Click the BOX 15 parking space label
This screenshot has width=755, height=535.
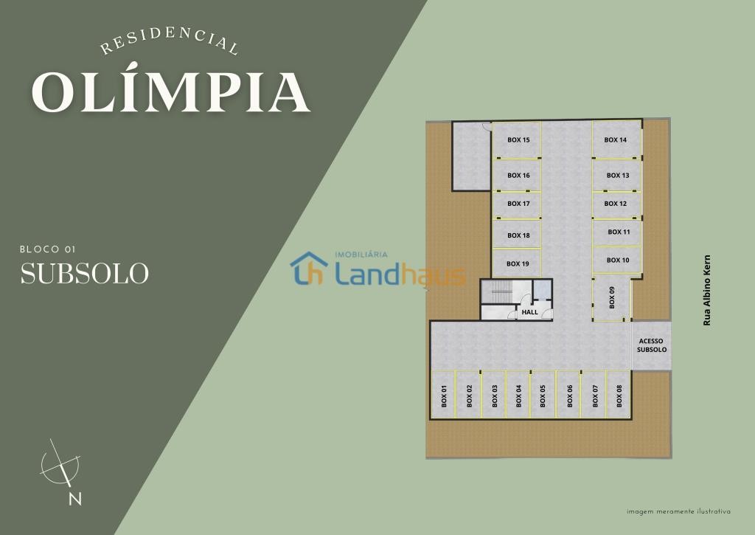518,139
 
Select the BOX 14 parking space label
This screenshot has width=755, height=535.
616,139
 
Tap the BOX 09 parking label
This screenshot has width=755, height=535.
612,297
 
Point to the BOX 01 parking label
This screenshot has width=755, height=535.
444,396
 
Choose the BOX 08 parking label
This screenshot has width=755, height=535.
619,396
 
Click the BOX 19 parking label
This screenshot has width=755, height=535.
518,263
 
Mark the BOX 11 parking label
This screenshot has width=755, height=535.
619,232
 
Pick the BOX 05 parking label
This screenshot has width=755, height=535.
543,396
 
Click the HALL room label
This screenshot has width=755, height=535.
529,312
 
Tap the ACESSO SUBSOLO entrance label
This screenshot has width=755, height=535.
652,345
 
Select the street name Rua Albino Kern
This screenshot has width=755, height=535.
707,290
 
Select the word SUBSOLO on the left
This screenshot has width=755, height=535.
84,273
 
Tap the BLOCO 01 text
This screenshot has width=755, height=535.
48,249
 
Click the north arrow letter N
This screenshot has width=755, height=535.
74,498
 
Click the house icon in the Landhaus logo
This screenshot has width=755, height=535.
309,268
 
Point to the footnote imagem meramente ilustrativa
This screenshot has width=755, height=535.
678,511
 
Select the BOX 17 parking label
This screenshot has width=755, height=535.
518,204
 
